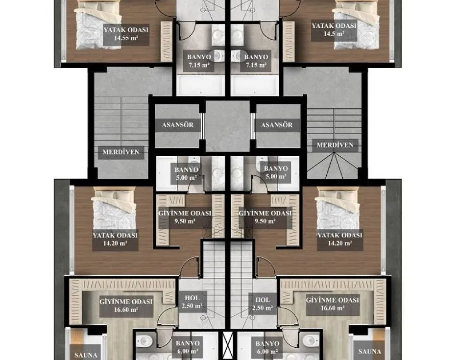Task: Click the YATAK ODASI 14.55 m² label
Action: click(x=126, y=34)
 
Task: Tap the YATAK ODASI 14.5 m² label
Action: click(x=334, y=29)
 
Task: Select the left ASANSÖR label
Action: click(x=178, y=125)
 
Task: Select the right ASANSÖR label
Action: click(x=277, y=125)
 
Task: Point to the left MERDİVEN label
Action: click(x=121, y=152)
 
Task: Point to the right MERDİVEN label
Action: click(x=335, y=145)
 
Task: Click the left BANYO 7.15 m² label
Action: click(x=199, y=61)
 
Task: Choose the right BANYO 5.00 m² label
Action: click(x=276, y=172)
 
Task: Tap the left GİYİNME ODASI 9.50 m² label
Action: click(x=185, y=217)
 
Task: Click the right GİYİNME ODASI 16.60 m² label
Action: click(x=333, y=304)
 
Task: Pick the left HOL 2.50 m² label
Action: click(x=192, y=302)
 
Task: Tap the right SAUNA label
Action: click(x=369, y=352)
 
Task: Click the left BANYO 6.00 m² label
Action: click(x=188, y=347)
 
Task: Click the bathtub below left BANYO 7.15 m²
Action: click(x=201, y=85)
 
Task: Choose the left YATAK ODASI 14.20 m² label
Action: click(x=115, y=239)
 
